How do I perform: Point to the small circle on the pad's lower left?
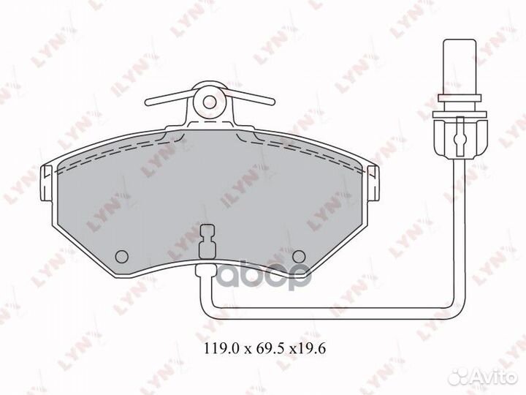coord(122,255)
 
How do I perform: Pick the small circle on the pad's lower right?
coord(298,255)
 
